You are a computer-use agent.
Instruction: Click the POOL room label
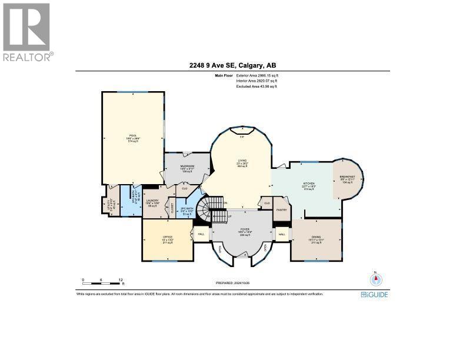[x=132, y=135]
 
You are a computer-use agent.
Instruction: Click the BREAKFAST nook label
[x=347, y=176]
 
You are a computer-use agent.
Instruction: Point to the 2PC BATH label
[x=187, y=209]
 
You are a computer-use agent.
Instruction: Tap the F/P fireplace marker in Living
[x=242, y=136]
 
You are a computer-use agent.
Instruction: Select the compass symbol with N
[x=375, y=279]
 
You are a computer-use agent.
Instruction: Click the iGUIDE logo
[x=374, y=294]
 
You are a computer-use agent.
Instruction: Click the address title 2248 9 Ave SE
[x=232, y=65]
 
